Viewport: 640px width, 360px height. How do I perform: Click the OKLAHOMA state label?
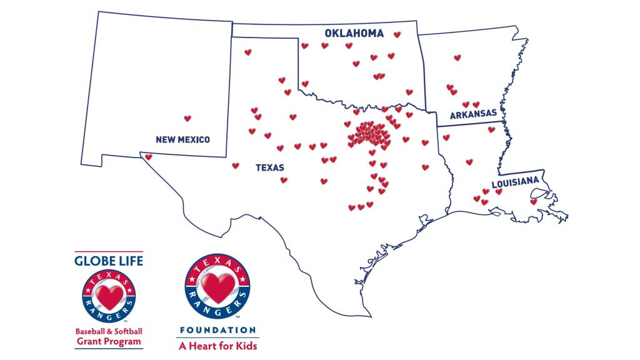pos(354,34)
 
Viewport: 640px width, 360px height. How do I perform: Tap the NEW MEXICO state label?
pos(182,139)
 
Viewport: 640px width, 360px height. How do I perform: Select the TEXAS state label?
pos(269,167)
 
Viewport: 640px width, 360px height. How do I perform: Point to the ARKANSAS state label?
pos(473,113)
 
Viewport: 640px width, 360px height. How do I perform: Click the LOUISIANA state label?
pos(515,183)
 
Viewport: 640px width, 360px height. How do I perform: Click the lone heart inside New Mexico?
pos(187,118)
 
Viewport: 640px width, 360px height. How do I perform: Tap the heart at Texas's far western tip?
pos(148,157)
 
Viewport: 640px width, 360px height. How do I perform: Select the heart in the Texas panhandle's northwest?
pos(247,52)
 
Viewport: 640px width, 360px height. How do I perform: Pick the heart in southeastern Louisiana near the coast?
pos(533,202)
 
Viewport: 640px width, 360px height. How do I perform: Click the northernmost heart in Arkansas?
pos(457,57)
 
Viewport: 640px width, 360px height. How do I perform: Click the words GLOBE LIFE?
pos(109,260)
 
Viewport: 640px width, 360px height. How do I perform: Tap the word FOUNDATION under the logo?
pos(217,330)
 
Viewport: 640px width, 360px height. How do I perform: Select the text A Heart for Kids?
pos(217,345)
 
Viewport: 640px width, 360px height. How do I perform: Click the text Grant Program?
pos(109,342)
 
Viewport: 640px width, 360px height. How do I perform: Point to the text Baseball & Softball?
pos(109,331)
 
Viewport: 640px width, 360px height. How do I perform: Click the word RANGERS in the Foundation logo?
pos(217,308)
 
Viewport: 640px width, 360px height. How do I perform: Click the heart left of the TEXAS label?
pos(236,166)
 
